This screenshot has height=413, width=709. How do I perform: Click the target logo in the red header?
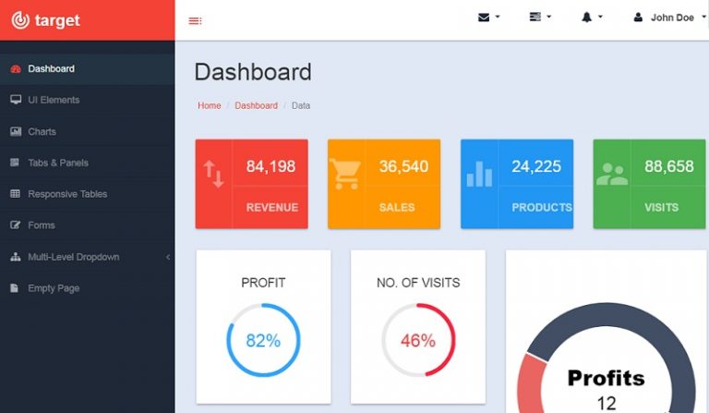point(46,19)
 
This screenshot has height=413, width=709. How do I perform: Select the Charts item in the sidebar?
point(42,131)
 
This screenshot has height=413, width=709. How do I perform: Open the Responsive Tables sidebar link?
point(66,194)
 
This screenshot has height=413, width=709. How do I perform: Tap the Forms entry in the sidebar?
point(41,225)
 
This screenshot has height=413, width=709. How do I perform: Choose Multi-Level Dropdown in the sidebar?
point(73,257)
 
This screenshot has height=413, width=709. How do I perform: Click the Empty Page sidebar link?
point(53,288)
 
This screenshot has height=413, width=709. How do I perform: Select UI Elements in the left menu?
point(53,100)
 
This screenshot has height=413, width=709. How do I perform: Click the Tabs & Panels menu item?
point(57,163)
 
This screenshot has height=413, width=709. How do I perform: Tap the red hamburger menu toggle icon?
point(195,20)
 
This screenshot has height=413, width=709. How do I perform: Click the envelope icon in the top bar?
point(484,18)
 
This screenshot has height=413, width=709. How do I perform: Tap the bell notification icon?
point(586,18)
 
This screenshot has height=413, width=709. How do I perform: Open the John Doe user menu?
point(671,18)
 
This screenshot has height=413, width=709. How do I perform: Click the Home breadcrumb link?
point(210,105)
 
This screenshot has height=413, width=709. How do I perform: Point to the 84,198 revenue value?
point(270,166)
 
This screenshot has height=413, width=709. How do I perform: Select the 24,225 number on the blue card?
point(536,166)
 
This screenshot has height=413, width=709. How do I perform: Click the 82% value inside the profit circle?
point(263,340)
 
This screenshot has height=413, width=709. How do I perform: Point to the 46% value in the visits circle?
point(417,340)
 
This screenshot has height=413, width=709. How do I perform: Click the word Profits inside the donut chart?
point(606,377)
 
